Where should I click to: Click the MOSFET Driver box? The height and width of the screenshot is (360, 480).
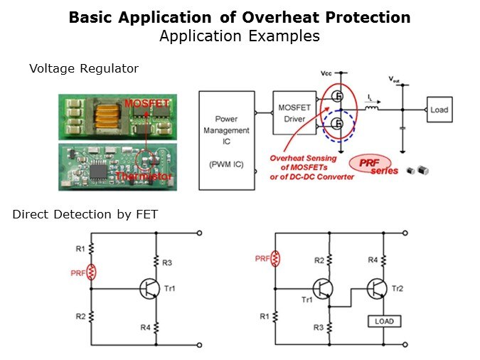(294, 112)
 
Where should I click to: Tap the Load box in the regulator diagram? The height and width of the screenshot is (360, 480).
(439, 110)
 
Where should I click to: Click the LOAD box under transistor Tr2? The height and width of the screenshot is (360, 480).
(383, 321)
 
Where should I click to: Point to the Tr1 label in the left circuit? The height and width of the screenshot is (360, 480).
(170, 288)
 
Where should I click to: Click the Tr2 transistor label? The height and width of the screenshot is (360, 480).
(399, 288)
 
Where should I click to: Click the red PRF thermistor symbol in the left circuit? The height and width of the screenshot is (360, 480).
(91, 272)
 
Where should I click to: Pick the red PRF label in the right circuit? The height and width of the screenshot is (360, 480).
(261, 259)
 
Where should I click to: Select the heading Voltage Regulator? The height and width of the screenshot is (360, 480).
(84, 68)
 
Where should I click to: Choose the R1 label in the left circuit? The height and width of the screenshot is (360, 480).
(80, 248)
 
